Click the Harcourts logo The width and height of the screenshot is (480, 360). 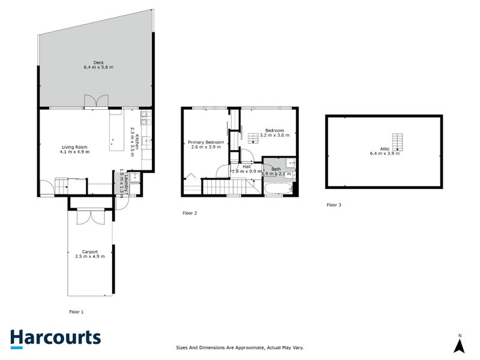(55, 338)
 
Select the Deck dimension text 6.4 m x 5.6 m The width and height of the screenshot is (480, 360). (98, 67)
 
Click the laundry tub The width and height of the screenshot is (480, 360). (136, 176)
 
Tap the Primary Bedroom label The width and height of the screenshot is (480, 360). (206, 142)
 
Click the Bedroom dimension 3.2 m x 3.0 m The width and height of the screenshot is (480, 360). (275, 136)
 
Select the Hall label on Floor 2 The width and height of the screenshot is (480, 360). (246, 166)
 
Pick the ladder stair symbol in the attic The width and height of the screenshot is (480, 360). (397, 142)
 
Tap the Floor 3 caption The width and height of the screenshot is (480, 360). (334, 205)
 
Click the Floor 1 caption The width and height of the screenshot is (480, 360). (76, 311)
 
